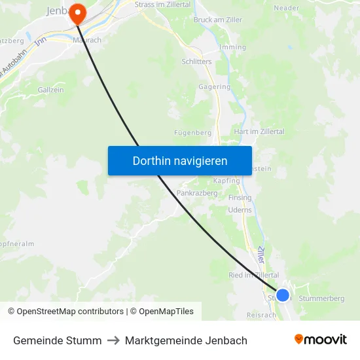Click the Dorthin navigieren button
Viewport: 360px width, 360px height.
click(x=180, y=160)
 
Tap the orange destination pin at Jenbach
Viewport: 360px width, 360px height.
click(x=77, y=12)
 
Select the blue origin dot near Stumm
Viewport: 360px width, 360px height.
click(x=283, y=295)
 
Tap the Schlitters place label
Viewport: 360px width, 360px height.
click(x=196, y=60)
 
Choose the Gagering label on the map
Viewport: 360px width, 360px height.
click(x=214, y=86)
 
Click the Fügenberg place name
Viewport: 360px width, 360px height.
click(x=192, y=132)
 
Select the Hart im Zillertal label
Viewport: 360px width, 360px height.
click(x=259, y=132)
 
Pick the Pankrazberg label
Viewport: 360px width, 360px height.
click(x=196, y=193)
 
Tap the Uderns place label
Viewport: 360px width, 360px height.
click(x=240, y=210)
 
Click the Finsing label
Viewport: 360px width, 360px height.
click(x=240, y=198)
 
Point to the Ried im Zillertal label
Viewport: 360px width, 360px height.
click(x=253, y=276)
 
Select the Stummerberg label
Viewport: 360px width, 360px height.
click(x=321, y=298)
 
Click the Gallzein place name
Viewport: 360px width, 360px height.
click(x=50, y=89)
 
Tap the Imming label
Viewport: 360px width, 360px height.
click(x=233, y=47)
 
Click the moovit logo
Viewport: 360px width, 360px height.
click(x=321, y=340)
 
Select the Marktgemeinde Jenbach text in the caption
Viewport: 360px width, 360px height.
click(x=186, y=340)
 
